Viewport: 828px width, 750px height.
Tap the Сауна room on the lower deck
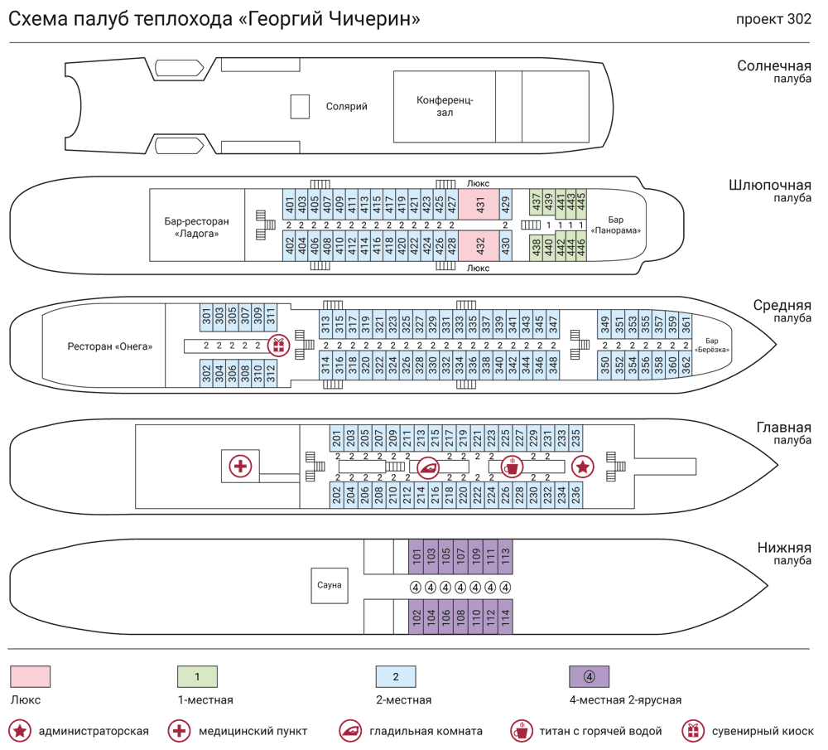(x=329, y=585)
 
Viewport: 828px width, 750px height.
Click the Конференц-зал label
(x=445, y=106)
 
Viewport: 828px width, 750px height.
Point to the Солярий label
(x=346, y=106)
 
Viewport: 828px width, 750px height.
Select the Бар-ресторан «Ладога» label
(x=196, y=227)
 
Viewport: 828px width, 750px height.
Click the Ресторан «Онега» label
(x=110, y=346)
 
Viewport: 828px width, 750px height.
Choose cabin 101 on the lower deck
(x=416, y=556)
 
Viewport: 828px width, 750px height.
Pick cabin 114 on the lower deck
(x=505, y=618)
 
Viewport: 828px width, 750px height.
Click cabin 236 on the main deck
(x=575, y=495)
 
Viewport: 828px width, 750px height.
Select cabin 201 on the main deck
(x=337, y=438)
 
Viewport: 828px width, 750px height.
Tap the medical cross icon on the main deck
(x=240, y=467)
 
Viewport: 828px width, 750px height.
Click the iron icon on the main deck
(x=428, y=467)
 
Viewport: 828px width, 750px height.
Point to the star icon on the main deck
(x=583, y=467)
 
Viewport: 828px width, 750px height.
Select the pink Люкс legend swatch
(x=31, y=676)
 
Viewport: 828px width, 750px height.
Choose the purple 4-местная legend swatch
(x=589, y=676)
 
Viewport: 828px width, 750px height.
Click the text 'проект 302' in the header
(x=773, y=20)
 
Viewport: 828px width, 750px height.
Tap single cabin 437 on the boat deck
(x=536, y=201)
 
